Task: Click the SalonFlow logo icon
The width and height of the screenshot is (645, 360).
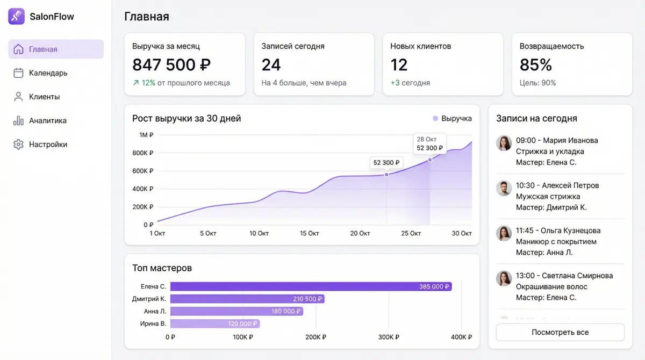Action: point(17,17)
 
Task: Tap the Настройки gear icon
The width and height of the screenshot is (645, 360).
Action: point(18,145)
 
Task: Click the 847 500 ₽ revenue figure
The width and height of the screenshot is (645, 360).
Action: point(171,64)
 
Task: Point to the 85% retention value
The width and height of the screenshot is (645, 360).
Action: point(535,64)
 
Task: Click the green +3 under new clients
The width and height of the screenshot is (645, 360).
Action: point(395,83)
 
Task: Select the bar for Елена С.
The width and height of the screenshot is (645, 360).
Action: point(311,286)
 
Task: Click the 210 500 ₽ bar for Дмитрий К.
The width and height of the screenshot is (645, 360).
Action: point(247,299)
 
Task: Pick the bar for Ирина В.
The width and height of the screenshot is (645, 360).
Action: point(215,323)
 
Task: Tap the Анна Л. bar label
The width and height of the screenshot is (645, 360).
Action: point(155,311)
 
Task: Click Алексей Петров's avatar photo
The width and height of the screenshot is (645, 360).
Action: point(504,188)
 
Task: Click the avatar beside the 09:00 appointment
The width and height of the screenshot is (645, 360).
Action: point(504,143)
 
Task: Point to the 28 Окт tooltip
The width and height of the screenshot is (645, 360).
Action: point(429,143)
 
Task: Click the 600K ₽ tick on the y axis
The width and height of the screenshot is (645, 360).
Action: point(143,171)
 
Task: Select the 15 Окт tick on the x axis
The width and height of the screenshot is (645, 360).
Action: point(309,233)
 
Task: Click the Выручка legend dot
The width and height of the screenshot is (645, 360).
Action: point(435,118)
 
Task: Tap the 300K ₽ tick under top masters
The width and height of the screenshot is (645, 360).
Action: point(389,337)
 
